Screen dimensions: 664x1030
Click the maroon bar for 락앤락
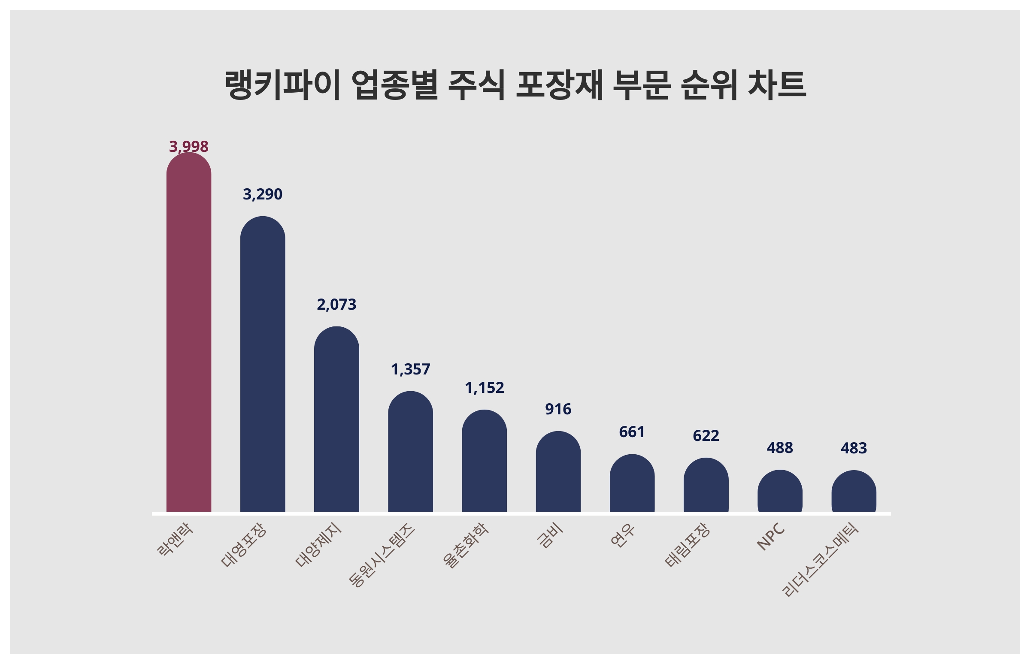point(188,332)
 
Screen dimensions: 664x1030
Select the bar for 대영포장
point(262,364)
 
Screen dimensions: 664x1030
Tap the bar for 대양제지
point(336,419)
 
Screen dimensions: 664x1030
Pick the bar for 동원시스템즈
point(410,451)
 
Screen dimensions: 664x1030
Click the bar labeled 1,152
point(484,461)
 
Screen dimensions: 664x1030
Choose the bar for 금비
point(558,472)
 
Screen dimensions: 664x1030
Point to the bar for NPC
point(780,491)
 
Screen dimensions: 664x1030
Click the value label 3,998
point(188,147)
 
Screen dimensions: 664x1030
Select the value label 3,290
point(262,194)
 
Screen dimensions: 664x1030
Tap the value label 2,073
point(336,305)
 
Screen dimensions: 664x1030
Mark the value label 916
point(558,409)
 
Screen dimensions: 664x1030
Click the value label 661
point(632,432)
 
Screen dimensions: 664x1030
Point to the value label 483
point(854,448)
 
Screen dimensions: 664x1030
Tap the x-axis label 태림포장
point(687,545)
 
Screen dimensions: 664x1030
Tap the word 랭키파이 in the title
point(283,85)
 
